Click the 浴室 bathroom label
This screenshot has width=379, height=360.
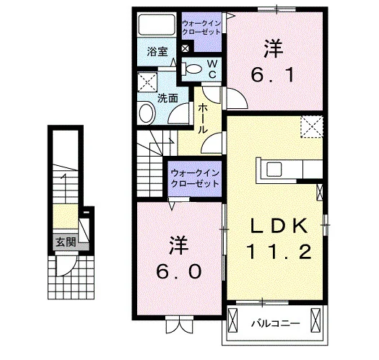(x=157, y=52)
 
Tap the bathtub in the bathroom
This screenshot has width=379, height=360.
(x=157, y=25)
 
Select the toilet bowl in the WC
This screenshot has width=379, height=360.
(x=193, y=69)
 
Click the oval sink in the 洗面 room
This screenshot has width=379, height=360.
(x=147, y=113)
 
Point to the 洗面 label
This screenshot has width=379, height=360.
(x=167, y=99)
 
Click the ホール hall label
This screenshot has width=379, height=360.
(x=203, y=118)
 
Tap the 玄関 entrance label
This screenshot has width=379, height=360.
(x=66, y=242)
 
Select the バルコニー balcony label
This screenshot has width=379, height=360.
(x=275, y=323)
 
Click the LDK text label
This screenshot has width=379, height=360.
(x=279, y=226)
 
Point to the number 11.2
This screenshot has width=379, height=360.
(x=279, y=252)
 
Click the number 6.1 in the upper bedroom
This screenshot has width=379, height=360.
(x=273, y=74)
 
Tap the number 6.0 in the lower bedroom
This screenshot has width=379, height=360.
(x=178, y=271)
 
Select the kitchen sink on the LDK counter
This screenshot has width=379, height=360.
(x=274, y=169)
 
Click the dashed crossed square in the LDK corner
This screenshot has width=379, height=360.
(x=312, y=127)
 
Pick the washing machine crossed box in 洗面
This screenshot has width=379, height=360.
(x=147, y=82)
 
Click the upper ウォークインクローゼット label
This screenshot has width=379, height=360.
(x=201, y=28)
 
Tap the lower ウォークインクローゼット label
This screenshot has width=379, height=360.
(x=195, y=178)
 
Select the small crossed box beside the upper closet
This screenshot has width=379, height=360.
(x=185, y=48)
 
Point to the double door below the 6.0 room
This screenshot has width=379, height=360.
(x=179, y=325)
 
